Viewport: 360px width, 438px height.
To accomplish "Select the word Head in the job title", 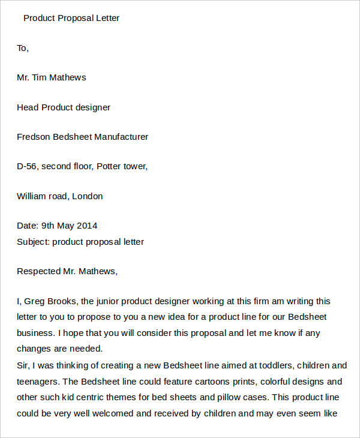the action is pos(28,107).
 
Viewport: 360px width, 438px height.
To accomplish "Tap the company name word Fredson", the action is pos(34,137).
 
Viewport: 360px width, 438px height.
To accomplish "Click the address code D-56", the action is pos(27,166).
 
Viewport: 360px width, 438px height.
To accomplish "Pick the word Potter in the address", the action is pos(110,166).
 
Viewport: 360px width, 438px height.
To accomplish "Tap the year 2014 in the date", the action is pos(87,226).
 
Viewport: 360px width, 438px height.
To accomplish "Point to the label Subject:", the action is pos(33,242).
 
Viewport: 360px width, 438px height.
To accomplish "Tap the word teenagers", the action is pos(37,382).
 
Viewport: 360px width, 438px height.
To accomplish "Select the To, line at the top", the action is pos(23,48).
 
